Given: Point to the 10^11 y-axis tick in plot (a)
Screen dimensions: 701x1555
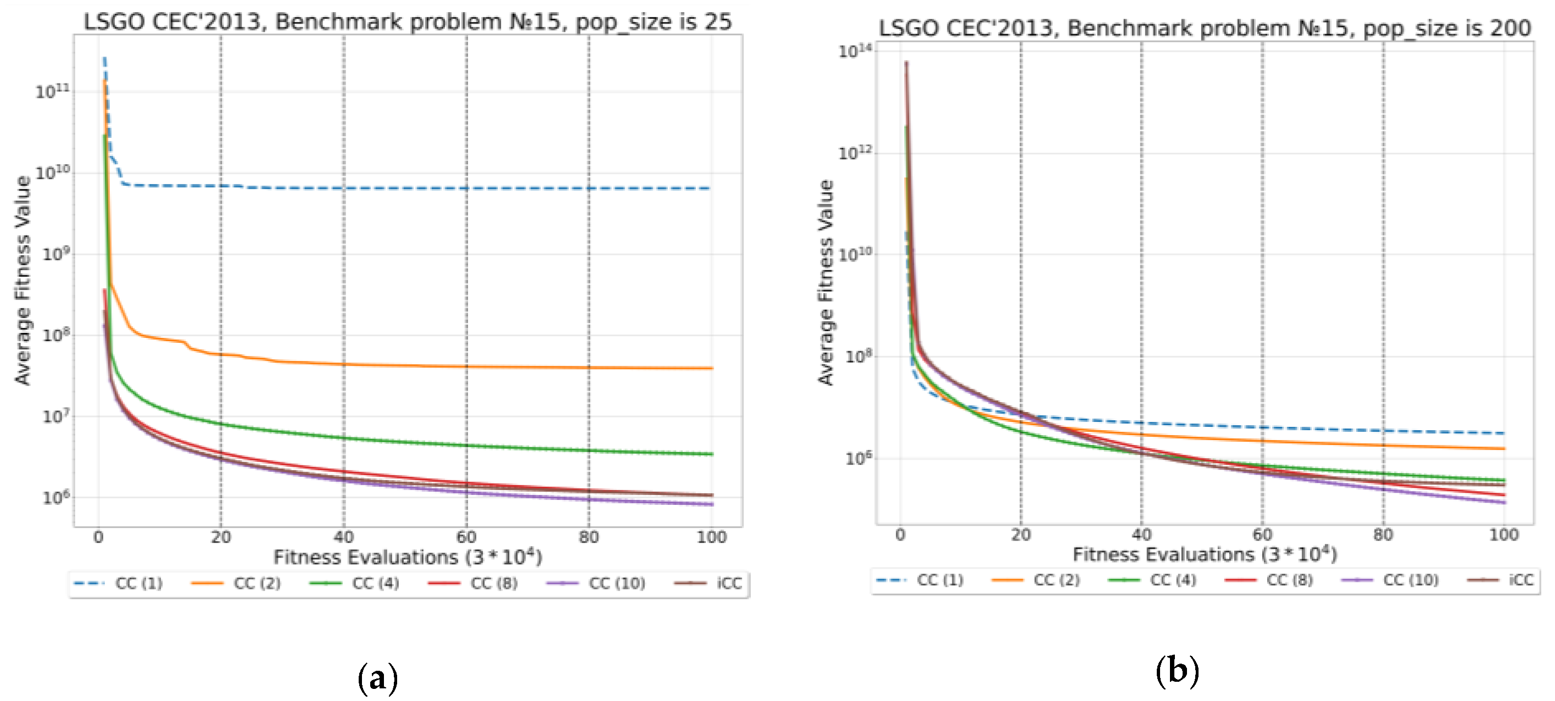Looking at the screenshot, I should [53, 92].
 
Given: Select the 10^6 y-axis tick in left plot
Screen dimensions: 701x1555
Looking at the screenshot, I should [55, 498].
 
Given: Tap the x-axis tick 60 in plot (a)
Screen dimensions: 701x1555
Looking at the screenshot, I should [466, 537].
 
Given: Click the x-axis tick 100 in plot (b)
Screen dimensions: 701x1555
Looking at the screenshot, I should [1503, 535].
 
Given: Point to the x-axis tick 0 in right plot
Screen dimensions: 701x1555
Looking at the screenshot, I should [900, 535].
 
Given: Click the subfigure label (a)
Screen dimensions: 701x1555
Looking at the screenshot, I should [378, 678].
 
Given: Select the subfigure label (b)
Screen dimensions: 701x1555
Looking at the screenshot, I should [1177, 671].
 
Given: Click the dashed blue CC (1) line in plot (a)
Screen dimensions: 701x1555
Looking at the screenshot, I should [422, 188].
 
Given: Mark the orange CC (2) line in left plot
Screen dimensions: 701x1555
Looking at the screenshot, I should [422, 366].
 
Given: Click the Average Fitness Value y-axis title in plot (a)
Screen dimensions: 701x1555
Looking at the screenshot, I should [23, 281].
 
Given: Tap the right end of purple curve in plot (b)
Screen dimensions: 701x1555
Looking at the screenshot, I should [1503, 502].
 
